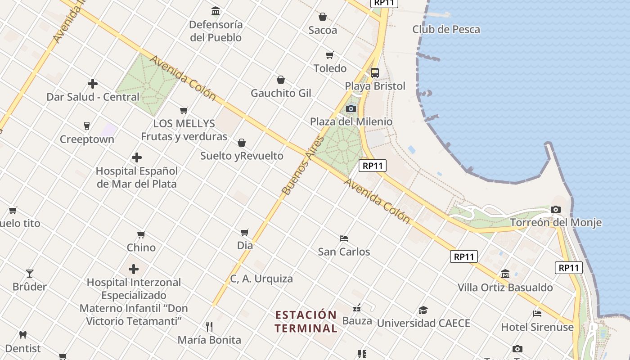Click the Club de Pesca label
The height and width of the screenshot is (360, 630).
(x=446, y=30)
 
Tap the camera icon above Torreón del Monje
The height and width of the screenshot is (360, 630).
(x=556, y=209)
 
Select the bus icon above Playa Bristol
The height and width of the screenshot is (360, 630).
(x=374, y=72)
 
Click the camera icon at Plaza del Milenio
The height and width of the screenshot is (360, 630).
(x=351, y=108)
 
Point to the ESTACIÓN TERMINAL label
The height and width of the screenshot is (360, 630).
(x=306, y=321)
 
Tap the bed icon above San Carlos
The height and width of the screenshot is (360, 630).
(x=344, y=238)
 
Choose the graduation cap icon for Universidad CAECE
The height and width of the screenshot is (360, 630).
(x=423, y=310)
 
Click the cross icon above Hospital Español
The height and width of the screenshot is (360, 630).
(x=137, y=157)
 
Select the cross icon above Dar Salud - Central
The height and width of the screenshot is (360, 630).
(x=93, y=84)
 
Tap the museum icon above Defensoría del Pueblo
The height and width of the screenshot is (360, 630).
(x=216, y=11)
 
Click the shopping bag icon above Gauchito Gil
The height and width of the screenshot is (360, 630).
(x=281, y=80)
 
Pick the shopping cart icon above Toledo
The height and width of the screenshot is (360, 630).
(x=330, y=55)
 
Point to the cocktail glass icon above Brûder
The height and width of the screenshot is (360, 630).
(x=30, y=273)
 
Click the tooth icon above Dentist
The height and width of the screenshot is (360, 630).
(x=23, y=335)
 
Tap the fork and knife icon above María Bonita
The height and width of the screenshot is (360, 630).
(x=209, y=326)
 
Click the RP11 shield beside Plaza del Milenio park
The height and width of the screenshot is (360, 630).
(x=373, y=166)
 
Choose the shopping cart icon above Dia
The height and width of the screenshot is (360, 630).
(x=244, y=232)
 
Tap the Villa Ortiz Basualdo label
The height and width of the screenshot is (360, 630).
(x=505, y=287)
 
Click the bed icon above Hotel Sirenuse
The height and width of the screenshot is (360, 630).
(x=537, y=313)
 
